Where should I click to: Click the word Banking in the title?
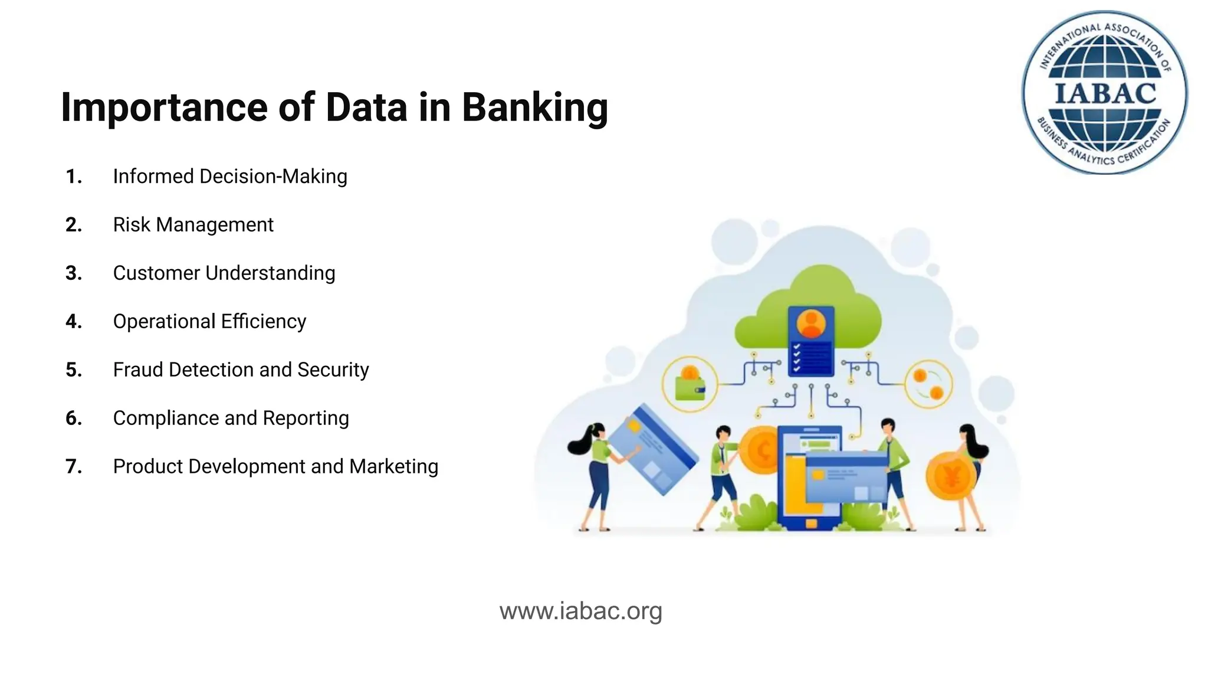534,108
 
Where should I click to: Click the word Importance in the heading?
163,108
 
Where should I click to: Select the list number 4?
73,322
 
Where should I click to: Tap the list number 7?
73,467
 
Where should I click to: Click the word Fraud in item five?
138,370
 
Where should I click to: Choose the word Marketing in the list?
393,467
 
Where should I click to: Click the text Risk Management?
193,225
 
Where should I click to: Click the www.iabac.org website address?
580,611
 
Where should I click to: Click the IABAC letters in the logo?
1105,94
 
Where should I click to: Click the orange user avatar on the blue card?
811,323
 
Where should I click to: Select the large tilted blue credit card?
652,449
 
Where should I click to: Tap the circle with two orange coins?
928,384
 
